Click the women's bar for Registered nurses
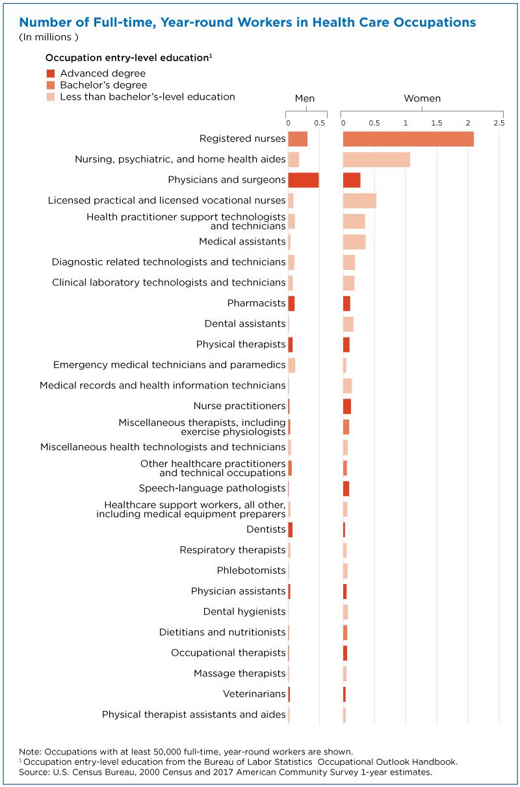[408, 139]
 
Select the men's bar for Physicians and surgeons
[304, 180]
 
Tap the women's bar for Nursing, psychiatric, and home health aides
[377, 160]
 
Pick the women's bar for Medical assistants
[354, 242]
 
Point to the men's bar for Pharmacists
[291, 304]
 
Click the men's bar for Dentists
[291, 530]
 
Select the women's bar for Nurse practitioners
[347, 407]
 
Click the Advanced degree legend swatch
[51, 73]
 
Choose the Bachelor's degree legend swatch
[51, 85]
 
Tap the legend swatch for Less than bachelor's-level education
[51, 97]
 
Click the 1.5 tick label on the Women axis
[437, 124]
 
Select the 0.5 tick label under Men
[320, 124]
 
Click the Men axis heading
[305, 98]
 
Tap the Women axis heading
[422, 98]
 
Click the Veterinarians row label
[254, 694]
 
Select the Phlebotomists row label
[251, 570]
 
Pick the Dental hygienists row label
[244, 611]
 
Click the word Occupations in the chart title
[435, 23]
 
